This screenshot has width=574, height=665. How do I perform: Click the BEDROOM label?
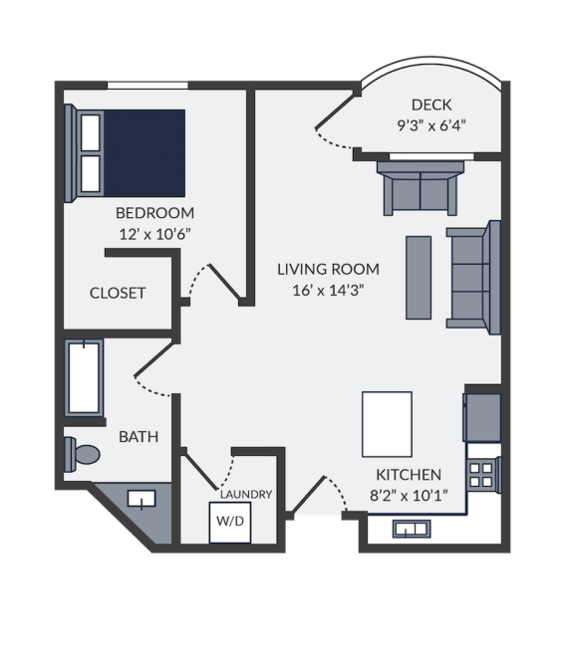155,213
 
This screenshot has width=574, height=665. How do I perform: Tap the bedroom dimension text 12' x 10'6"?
155,234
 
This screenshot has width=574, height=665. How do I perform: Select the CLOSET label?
118,293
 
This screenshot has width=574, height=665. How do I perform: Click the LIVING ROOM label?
328,270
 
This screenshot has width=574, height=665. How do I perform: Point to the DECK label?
431,105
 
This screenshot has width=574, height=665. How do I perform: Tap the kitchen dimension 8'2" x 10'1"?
409,495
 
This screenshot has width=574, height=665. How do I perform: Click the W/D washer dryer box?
229,523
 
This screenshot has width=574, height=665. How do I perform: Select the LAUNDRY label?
246,494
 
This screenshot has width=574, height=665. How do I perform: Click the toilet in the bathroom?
82,455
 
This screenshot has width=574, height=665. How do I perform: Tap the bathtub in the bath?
84,377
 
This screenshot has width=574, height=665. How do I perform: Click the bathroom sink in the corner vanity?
142,499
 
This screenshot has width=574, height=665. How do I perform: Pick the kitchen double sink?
411,529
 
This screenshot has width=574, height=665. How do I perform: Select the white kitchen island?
387,424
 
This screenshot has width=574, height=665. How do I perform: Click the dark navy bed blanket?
143,153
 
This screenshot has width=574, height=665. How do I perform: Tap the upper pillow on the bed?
91,132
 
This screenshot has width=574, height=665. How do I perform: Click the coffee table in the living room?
419,278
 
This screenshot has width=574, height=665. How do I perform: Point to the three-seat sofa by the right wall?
473,278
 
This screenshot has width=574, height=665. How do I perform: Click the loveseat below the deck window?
421,189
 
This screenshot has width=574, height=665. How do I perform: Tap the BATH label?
139,437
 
